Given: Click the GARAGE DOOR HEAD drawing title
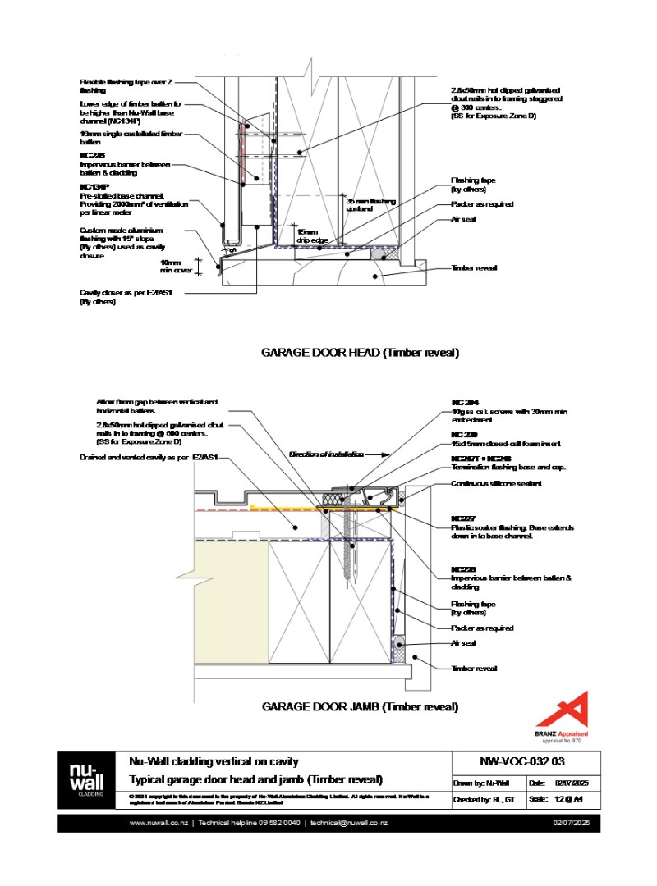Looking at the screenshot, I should (x=360, y=353).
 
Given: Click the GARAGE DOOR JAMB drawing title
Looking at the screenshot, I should (x=360, y=706).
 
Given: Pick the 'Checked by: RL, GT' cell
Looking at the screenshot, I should (x=487, y=799).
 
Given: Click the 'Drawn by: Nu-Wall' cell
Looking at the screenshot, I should (x=487, y=781).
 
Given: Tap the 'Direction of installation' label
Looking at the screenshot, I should (x=321, y=454).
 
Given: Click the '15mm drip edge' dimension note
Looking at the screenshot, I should (x=308, y=236).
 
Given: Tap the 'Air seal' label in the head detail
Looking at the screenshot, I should (x=463, y=219).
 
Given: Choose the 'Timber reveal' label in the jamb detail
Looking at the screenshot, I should (x=474, y=669).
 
